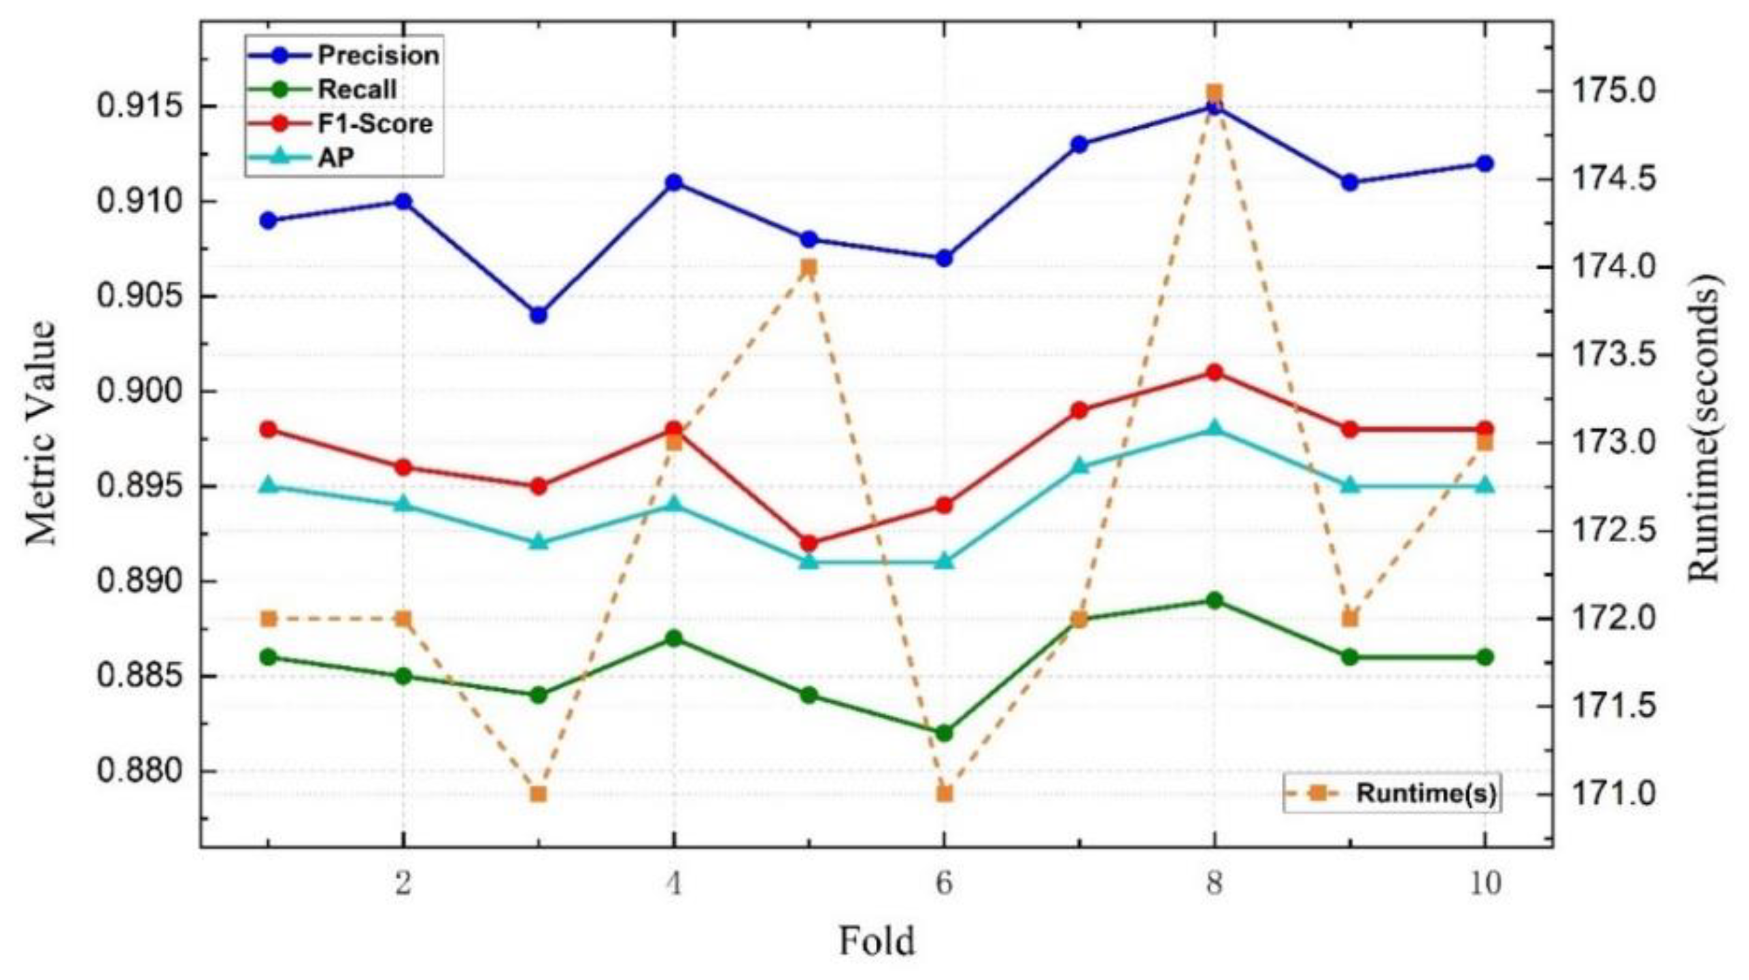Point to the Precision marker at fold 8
tap(1215, 107)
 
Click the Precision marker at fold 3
tap(539, 316)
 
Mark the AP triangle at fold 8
tap(1215, 428)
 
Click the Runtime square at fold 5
tap(809, 268)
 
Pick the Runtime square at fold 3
tap(539, 794)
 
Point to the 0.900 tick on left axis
tap(139, 392)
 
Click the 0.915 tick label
tap(139, 107)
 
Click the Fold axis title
tap(877, 941)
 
